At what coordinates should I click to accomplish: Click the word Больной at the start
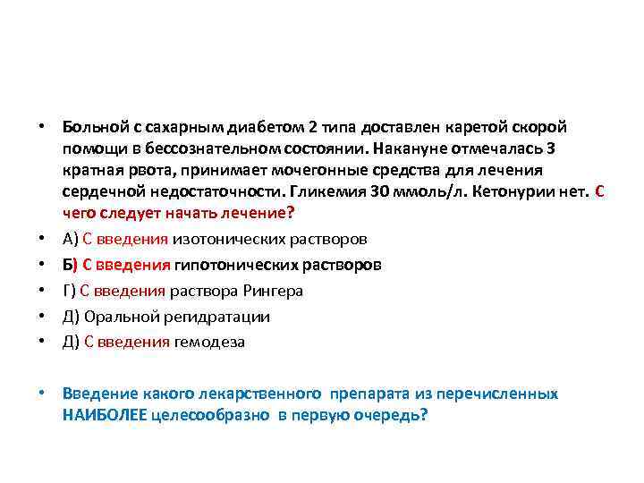coord(93,127)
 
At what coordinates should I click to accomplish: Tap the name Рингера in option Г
coord(276,291)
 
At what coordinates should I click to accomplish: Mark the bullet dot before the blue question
coord(42,394)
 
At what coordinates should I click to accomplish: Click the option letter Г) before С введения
coord(70,291)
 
